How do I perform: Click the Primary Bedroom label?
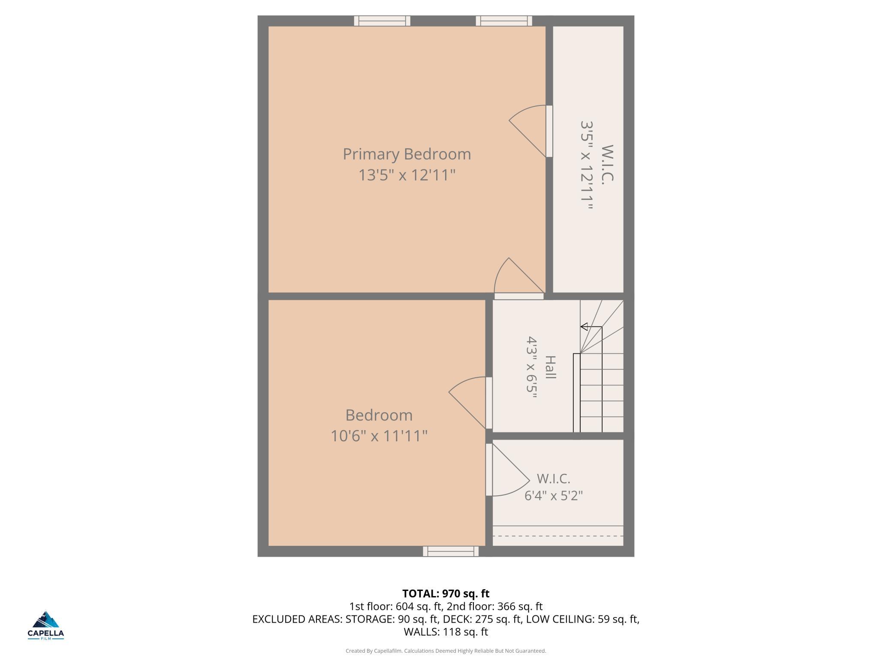point(407,154)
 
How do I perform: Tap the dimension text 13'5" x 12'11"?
point(407,175)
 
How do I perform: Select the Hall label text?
point(550,367)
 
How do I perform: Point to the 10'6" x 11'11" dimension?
point(379,436)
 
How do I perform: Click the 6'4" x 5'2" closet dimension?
point(554,496)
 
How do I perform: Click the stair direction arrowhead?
point(584,327)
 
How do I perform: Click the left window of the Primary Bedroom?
point(382,21)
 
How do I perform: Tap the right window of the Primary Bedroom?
point(504,21)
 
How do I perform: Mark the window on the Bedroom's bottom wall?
point(451,551)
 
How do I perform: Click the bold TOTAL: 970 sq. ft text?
point(446,594)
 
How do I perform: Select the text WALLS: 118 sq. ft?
point(446,632)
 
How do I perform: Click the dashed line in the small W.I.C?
point(558,536)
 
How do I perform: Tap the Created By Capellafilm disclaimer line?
point(446,651)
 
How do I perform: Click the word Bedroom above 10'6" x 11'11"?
point(379,415)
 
